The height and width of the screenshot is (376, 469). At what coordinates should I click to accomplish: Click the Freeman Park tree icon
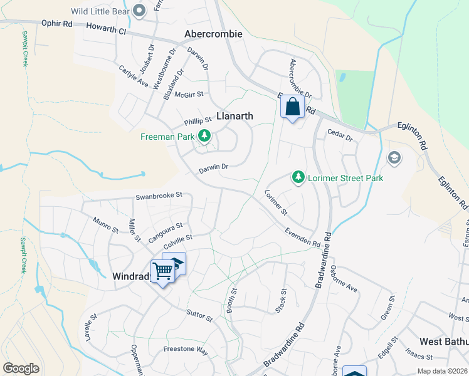click(204, 135)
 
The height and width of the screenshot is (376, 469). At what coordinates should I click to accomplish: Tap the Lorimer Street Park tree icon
click(299, 178)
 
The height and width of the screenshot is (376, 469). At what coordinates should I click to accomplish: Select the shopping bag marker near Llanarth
click(292, 107)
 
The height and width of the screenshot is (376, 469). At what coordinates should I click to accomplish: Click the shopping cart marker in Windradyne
click(162, 271)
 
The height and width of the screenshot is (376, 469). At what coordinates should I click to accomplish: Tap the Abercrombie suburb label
click(213, 34)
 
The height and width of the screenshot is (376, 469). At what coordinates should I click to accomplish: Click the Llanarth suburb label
click(235, 115)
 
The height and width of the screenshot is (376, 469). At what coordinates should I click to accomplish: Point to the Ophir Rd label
click(57, 23)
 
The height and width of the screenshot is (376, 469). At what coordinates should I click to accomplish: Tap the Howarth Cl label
click(105, 29)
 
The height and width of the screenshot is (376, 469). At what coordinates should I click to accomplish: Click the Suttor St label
click(199, 315)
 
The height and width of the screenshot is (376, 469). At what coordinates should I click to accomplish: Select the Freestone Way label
click(185, 351)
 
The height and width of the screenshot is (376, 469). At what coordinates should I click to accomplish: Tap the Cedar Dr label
click(341, 133)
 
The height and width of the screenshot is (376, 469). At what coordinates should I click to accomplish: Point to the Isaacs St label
click(419, 356)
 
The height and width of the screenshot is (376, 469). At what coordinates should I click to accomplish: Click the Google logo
click(21, 368)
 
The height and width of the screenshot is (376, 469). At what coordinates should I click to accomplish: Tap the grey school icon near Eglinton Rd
click(394, 157)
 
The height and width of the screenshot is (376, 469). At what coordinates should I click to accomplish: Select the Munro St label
click(105, 225)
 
